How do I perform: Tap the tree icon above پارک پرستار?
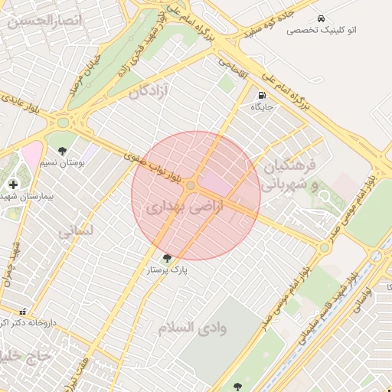coord(168,258)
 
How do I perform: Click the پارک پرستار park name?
coord(168,270)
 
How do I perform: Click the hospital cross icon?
coord(13,184)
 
